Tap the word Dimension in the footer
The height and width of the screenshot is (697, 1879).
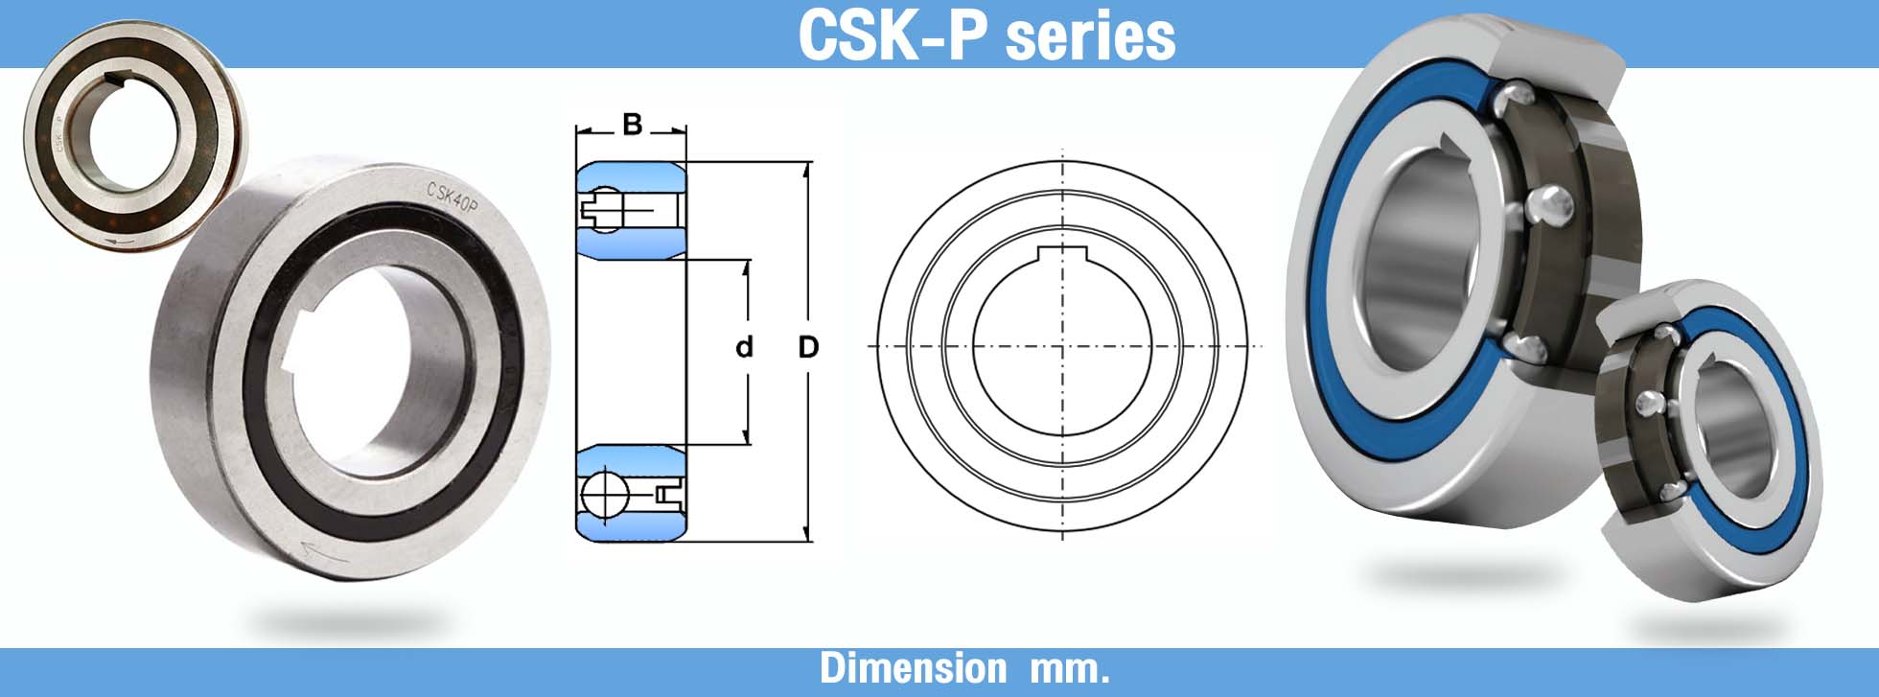click(x=913, y=668)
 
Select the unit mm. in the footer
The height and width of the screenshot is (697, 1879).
click(x=1069, y=669)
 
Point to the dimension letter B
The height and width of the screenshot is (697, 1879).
click(x=632, y=125)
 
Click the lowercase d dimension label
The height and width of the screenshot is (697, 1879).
click(x=744, y=347)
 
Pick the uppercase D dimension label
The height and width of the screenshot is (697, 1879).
click(x=808, y=347)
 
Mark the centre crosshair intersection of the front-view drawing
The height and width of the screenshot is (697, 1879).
click(x=1062, y=346)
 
